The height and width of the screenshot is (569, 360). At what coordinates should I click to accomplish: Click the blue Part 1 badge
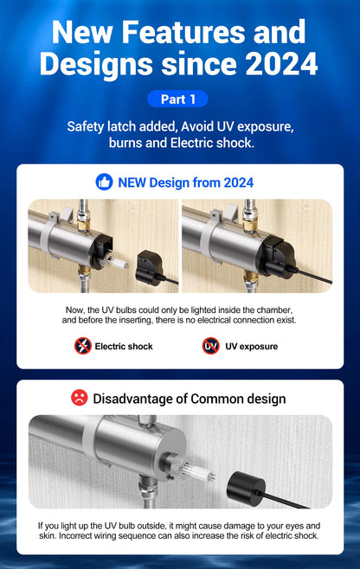click(x=177, y=99)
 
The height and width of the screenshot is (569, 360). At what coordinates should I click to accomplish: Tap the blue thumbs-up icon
click(x=104, y=182)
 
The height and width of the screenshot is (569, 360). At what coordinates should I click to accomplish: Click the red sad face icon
click(x=80, y=398)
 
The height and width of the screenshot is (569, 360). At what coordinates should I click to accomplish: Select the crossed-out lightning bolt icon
click(x=83, y=346)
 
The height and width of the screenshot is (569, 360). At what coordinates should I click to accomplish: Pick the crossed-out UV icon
click(x=210, y=346)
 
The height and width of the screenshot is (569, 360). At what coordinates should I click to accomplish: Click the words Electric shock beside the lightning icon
click(x=124, y=346)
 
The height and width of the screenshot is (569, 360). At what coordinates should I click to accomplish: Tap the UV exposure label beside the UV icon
click(x=251, y=346)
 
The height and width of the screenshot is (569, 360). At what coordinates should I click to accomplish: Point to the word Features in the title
click(x=183, y=32)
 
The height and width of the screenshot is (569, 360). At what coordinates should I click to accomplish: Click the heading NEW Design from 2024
click(x=186, y=182)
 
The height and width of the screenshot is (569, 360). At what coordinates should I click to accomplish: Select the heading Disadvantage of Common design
click(x=190, y=399)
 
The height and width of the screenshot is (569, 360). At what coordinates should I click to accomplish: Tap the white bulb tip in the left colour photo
click(x=119, y=263)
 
